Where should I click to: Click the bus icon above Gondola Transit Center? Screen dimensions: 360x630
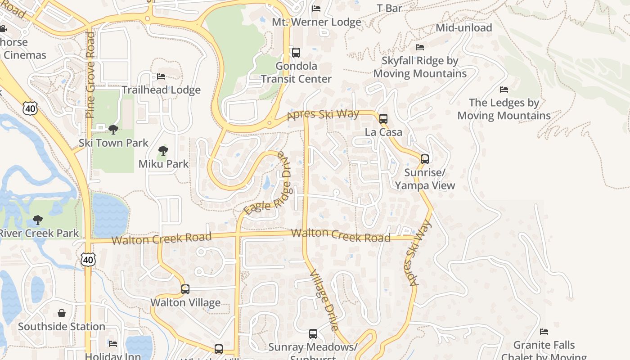point(296,53)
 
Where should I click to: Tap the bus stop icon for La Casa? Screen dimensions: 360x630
point(383,119)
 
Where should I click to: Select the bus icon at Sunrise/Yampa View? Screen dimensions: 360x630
point(424,159)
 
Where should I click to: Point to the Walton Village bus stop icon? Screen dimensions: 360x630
point(185,289)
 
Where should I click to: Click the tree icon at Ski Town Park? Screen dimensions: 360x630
point(113,130)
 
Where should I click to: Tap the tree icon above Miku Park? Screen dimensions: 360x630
point(163,151)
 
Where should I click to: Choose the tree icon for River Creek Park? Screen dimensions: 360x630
point(38,220)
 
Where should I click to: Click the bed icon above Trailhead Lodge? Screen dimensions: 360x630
point(161,76)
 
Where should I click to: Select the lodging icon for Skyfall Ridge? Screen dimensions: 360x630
point(420,47)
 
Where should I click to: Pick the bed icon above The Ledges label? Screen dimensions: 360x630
point(504,90)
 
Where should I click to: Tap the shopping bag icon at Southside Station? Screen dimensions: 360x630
point(62,313)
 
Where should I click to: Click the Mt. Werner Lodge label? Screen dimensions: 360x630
point(316,22)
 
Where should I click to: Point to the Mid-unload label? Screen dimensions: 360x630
point(463,28)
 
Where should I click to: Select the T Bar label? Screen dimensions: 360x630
point(389,8)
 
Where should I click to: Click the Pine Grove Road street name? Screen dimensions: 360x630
point(90,75)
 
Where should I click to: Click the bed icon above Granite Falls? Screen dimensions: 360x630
point(544,332)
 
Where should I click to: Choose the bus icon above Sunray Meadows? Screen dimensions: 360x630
point(313,334)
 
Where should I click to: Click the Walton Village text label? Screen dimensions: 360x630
point(185,302)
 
